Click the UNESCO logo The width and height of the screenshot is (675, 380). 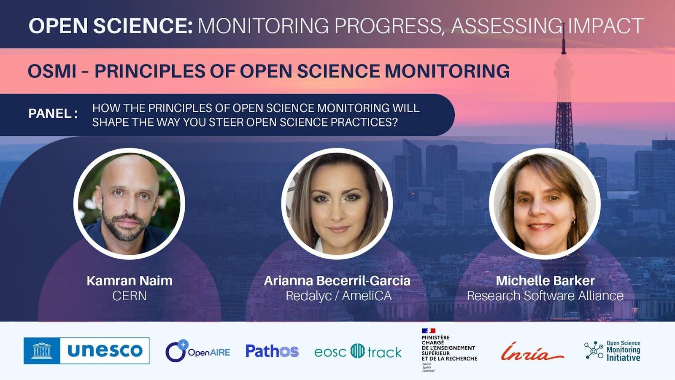pos(86,350)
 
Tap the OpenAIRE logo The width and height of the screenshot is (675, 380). pos(198,351)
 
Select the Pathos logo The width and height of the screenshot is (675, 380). pos(272,351)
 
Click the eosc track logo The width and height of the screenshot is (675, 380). pos(358,351)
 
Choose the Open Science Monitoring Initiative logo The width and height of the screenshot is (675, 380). pos(612,351)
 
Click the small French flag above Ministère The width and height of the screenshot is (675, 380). pos(429,331)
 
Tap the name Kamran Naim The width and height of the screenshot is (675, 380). pos(130,281)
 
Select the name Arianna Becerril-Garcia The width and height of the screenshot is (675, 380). pos(337,281)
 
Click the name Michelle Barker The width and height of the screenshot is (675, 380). pos(545,281)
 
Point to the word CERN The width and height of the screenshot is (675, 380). pos(130,296)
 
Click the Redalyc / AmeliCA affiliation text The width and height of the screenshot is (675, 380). pos(339,296)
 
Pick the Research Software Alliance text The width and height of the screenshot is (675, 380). pos(545,296)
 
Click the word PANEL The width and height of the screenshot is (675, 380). pos(50,113)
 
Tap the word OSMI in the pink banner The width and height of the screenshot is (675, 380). pos(52,71)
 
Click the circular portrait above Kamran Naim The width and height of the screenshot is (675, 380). pos(129,204)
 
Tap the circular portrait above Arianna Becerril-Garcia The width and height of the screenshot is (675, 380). pos(337,204)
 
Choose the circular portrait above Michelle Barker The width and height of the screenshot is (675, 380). pos(545,204)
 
